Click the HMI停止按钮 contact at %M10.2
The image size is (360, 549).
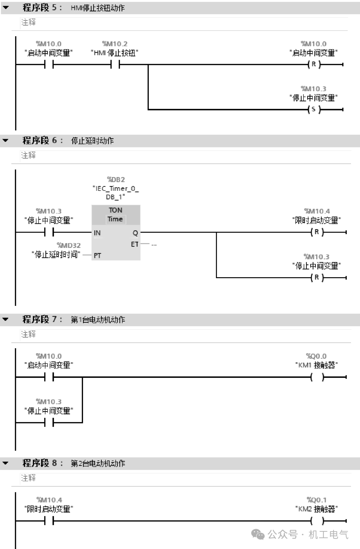(115, 64)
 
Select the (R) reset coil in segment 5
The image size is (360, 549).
(314, 64)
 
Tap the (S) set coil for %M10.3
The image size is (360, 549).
(314, 109)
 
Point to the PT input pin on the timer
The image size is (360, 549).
(97, 255)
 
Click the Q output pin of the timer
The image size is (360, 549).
(135, 233)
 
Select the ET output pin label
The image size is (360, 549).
(134, 244)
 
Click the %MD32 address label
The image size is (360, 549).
(69, 245)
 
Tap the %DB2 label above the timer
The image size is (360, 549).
(116, 179)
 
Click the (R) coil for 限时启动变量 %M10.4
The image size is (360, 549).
(317, 232)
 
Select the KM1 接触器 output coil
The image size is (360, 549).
(317, 377)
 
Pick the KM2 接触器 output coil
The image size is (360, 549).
(317, 521)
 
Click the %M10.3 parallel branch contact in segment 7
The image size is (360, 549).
(49, 423)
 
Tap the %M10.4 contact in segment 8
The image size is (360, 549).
(49, 521)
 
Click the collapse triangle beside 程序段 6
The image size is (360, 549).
(5, 140)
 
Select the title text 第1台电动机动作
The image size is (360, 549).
(98, 320)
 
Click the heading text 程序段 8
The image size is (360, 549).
(40, 463)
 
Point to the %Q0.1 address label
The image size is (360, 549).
(317, 500)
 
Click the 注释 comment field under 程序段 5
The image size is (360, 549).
(28, 22)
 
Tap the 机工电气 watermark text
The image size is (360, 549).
(328, 535)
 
